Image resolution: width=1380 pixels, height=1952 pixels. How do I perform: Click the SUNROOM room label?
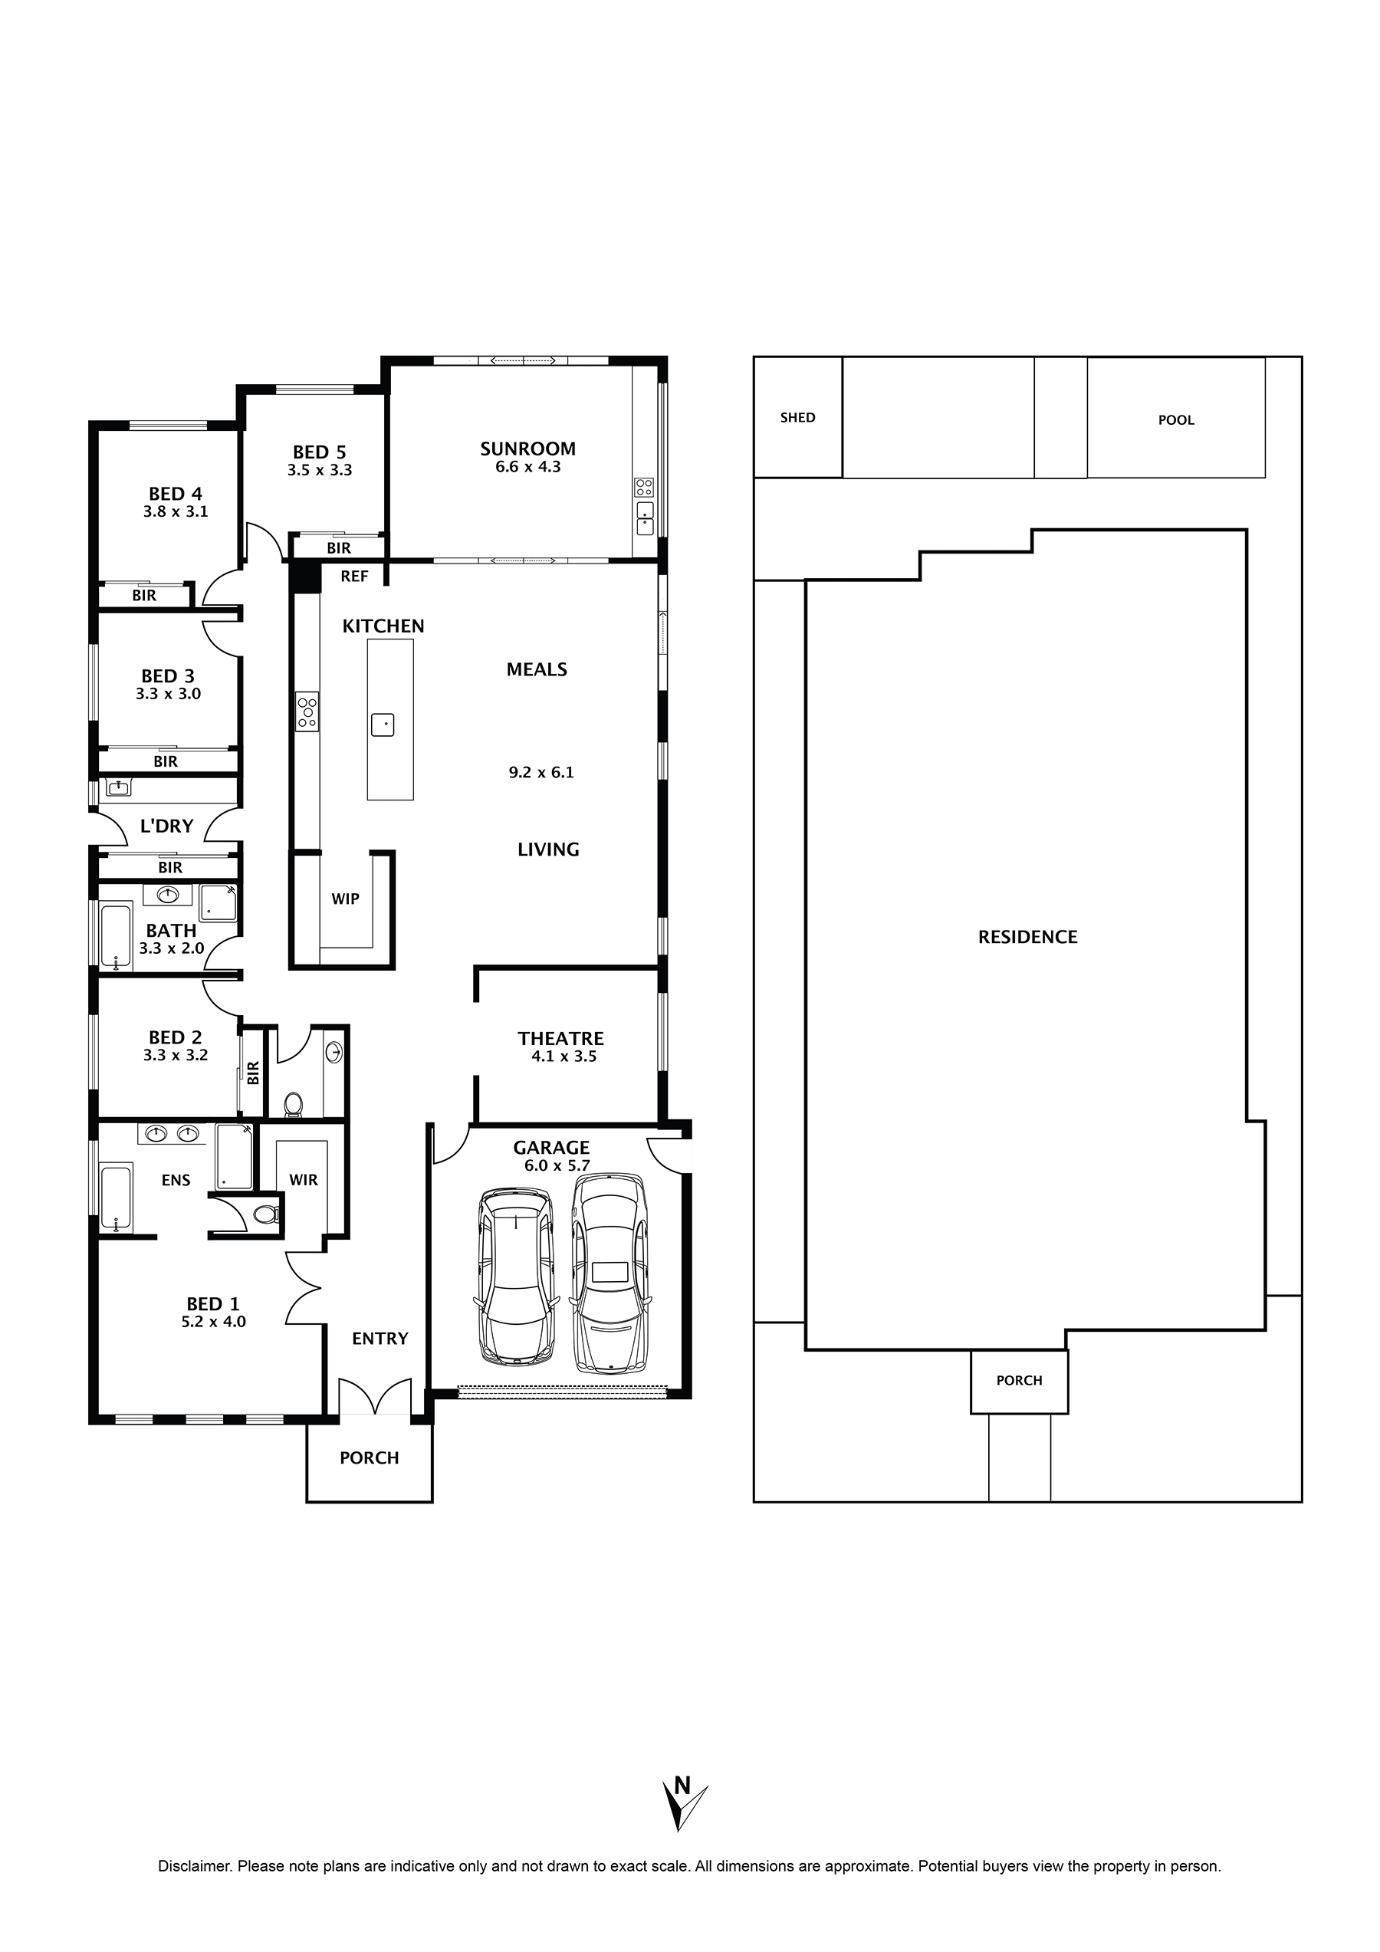click(x=527, y=449)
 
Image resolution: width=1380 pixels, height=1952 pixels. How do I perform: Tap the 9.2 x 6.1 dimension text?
click(x=540, y=773)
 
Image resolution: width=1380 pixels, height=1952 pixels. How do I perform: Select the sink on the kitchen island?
click(x=383, y=725)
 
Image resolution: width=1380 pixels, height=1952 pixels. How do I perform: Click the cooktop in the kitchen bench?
click(x=307, y=711)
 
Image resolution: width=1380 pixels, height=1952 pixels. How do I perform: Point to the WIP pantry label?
click(x=345, y=899)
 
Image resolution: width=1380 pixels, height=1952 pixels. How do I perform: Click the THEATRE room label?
click(x=560, y=1039)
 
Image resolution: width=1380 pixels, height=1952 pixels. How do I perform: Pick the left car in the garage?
click(x=516, y=1278)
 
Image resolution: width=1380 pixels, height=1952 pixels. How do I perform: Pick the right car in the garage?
click(x=610, y=1273)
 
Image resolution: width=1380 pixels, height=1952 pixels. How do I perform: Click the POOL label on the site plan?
click(x=1176, y=420)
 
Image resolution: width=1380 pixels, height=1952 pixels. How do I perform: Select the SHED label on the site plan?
click(x=797, y=417)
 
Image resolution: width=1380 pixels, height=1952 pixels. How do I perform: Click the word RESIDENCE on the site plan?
click(x=1027, y=937)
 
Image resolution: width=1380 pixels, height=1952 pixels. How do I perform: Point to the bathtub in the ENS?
click(x=117, y=1199)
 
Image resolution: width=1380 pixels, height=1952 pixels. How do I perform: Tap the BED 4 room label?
click(x=175, y=494)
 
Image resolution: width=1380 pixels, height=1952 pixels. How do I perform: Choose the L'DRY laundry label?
click(x=166, y=826)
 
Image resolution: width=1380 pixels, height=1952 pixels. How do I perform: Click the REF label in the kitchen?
click(x=354, y=577)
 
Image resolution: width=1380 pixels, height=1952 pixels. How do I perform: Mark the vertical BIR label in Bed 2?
click(x=252, y=1073)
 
